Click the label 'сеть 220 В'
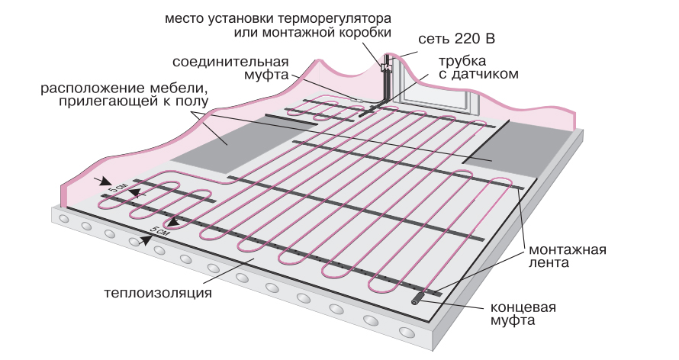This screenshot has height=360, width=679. [456, 39]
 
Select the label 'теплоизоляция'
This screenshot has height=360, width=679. [158, 293]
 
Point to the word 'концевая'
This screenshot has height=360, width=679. [523, 307]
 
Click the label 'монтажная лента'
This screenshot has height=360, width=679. [568, 256]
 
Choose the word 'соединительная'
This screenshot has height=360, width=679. [231, 62]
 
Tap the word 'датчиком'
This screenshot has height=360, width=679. [485, 74]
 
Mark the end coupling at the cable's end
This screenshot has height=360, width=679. [418, 298]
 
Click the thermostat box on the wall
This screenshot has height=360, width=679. [385, 67]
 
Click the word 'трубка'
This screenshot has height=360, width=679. [462, 62]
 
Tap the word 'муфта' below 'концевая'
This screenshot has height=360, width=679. [513, 320]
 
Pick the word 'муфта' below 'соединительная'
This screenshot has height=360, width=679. [266, 75]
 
